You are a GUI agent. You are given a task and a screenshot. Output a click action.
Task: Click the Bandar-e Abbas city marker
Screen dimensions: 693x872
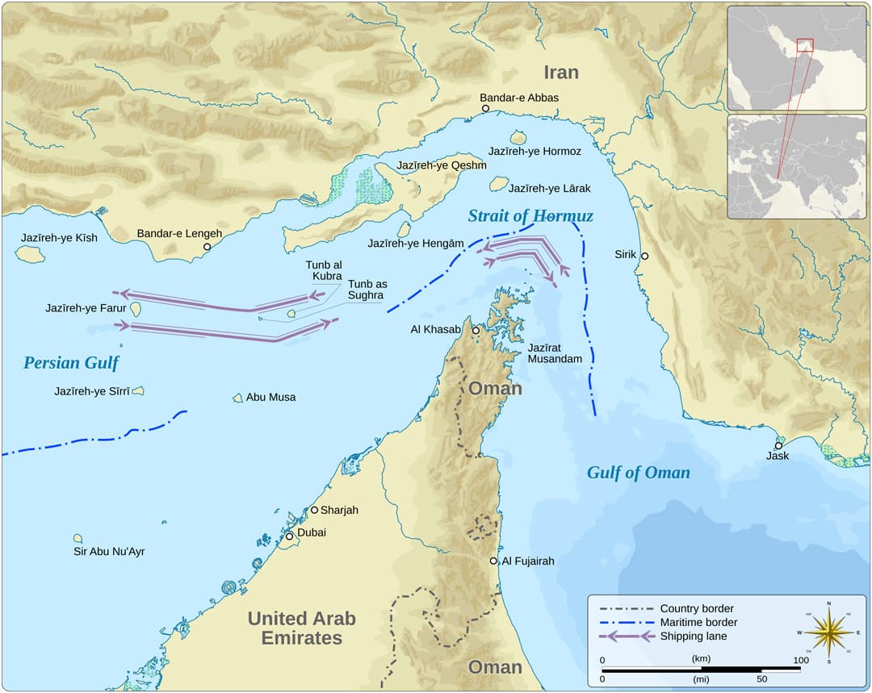[485, 108]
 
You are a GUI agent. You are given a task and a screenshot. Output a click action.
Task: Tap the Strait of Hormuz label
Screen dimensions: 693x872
[530, 216]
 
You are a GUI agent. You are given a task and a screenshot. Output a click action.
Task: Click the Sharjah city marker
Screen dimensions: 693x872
[314, 510]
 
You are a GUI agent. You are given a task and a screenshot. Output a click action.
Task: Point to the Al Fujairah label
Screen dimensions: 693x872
[528, 561]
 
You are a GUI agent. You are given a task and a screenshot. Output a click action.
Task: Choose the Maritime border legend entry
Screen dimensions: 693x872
[698, 622]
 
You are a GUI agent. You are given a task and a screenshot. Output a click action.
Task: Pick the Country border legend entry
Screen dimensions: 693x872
[696, 608]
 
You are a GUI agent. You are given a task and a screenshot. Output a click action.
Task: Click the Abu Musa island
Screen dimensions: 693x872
[237, 398]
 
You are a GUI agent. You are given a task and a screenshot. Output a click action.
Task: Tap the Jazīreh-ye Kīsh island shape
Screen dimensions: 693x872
[30, 254]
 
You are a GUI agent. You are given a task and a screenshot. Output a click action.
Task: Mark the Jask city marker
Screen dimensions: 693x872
[778, 445]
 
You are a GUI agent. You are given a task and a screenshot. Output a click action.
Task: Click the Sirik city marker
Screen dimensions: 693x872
[644, 256]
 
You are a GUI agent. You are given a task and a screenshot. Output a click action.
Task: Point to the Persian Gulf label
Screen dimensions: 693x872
[71, 363]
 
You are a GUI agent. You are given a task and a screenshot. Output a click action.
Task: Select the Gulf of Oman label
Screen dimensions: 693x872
[638, 473]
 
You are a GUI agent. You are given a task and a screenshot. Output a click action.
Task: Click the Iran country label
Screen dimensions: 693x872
[560, 73]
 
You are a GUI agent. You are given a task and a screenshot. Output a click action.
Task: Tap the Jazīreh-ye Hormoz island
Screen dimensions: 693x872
[518, 138]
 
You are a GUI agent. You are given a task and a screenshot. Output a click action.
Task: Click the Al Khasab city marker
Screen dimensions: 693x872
[476, 331]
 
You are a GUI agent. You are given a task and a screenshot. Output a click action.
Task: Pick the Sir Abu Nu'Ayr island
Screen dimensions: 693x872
[78, 538]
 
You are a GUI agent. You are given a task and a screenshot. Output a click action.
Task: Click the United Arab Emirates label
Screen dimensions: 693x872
[301, 628]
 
